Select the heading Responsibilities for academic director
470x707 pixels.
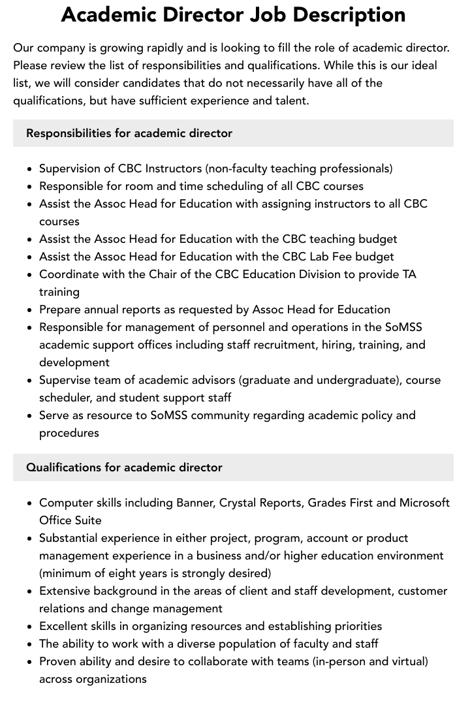pyautogui.click(x=129, y=133)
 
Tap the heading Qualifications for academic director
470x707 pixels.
pyautogui.click(x=124, y=467)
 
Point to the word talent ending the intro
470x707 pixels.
pyautogui.click(x=289, y=101)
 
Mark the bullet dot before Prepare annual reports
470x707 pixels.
pyautogui.click(x=30, y=310)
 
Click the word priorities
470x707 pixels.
pyautogui.click(x=354, y=626)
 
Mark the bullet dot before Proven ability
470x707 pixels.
pyautogui.click(x=30, y=662)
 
